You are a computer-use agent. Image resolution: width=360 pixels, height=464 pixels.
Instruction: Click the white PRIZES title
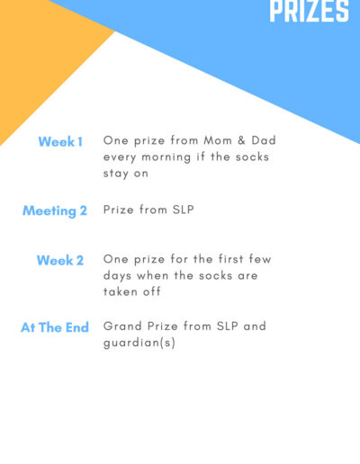(310, 11)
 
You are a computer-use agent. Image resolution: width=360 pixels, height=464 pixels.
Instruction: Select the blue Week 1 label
(60, 142)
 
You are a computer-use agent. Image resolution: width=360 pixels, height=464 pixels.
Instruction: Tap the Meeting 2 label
(55, 211)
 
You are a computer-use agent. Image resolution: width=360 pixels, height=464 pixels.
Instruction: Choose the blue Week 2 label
(60, 260)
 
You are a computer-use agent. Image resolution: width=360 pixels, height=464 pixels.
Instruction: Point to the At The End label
(55, 327)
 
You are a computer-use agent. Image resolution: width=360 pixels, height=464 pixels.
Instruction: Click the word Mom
(218, 140)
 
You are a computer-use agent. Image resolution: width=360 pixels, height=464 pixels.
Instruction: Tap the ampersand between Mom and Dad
(241, 140)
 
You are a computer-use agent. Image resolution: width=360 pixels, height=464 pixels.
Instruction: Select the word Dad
(264, 140)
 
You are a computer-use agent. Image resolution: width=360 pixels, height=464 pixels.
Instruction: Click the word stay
(115, 174)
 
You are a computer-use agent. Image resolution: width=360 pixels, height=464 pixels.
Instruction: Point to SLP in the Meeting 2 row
(184, 210)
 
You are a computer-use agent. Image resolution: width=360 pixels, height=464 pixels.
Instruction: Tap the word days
(117, 276)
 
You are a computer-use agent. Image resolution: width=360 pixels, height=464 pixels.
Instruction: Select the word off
(152, 291)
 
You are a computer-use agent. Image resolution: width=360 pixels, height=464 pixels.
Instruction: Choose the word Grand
(122, 326)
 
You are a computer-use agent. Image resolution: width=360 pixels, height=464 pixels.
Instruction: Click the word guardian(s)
(139, 343)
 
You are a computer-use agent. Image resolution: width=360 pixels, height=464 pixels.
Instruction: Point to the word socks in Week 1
(252, 156)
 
